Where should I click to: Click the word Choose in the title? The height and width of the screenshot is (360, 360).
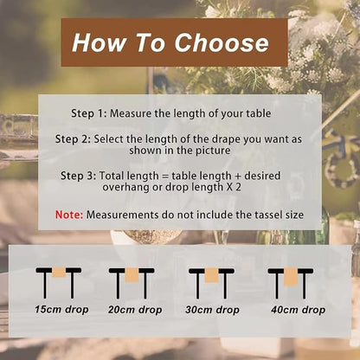[x=222, y=42]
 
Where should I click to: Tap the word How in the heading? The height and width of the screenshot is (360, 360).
[x=100, y=42]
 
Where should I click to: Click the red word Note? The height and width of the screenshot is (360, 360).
[x=69, y=215]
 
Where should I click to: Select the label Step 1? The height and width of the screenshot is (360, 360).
[x=89, y=113]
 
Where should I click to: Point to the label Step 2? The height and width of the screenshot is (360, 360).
[x=73, y=139]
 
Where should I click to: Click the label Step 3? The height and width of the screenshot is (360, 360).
[x=79, y=176]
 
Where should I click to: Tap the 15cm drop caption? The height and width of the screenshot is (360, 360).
[x=61, y=310]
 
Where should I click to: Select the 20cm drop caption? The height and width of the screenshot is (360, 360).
[x=135, y=310]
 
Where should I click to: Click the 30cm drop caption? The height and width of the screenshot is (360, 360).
[x=212, y=310]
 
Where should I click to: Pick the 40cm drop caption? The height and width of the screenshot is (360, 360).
[x=298, y=310]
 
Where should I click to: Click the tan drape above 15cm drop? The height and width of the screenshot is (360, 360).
[x=59, y=273]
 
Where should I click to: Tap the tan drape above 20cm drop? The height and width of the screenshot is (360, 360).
[x=132, y=275]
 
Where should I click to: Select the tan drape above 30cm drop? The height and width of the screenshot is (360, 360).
[x=211, y=275]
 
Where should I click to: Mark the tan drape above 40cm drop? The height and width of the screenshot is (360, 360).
[x=291, y=277]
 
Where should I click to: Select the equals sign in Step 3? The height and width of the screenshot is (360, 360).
[x=165, y=176]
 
